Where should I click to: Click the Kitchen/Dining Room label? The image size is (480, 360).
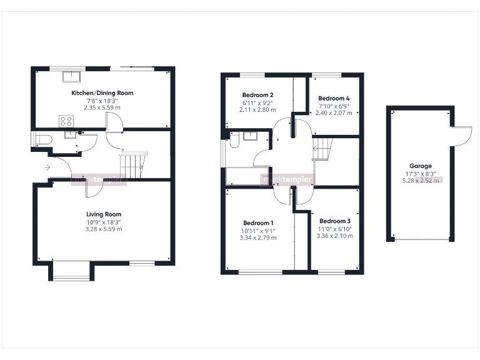pyautogui.click(x=102, y=93)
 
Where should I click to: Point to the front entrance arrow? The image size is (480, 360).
pyautogui.click(x=47, y=167)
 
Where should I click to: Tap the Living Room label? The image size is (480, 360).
pyautogui.click(x=104, y=214)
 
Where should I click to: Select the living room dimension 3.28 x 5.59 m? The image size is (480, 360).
pyautogui.click(x=104, y=229)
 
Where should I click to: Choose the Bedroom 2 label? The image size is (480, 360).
pyautogui.click(x=257, y=95)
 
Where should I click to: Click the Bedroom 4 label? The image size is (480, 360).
pyautogui.click(x=334, y=99)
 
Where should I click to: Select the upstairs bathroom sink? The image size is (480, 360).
pyautogui.click(x=253, y=135)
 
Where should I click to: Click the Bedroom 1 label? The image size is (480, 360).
pyautogui.click(x=258, y=223)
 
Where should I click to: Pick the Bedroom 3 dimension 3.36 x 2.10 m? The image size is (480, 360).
pyautogui.click(x=334, y=236)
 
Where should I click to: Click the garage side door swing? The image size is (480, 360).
pyautogui.click(x=461, y=134)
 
